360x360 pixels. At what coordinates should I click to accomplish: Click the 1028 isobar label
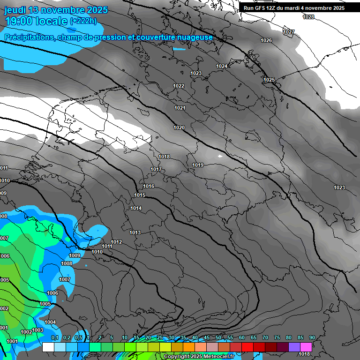[308, 17]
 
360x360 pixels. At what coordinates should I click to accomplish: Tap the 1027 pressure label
[289, 32]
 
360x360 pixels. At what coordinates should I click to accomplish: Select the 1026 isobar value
[266, 40]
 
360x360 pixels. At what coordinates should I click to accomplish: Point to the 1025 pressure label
[269, 80]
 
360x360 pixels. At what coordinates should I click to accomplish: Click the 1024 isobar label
[222, 66]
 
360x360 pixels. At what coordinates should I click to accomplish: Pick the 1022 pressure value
[179, 86]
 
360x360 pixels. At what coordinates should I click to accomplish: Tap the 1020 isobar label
[179, 127]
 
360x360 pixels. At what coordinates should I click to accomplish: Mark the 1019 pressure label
[198, 165]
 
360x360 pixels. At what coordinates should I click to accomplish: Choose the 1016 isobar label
[149, 186]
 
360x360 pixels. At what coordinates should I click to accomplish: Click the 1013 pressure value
[135, 232]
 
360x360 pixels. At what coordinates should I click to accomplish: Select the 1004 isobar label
[50, 322]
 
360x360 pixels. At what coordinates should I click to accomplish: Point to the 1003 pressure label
[38, 330]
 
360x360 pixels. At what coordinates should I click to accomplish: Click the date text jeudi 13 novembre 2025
[56, 10]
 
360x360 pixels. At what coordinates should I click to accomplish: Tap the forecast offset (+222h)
[83, 21]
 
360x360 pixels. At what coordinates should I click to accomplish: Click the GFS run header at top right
[294, 8]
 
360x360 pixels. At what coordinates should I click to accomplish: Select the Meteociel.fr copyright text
[199, 356]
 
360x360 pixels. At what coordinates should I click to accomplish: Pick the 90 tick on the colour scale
[312, 337]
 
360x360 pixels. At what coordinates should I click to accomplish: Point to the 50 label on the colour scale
[218, 337]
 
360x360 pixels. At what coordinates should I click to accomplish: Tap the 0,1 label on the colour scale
[55, 337]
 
